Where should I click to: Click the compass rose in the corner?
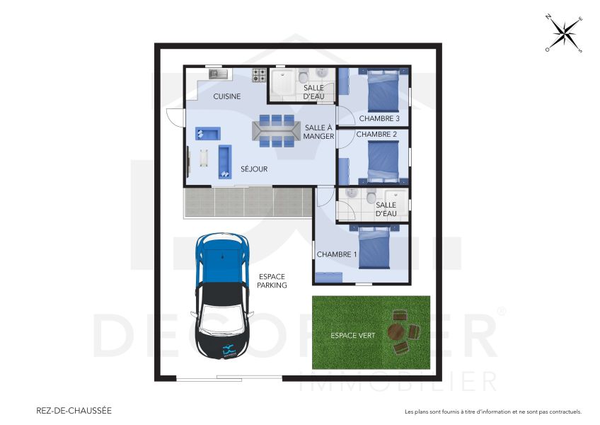(564, 33)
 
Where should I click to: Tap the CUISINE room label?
(228, 96)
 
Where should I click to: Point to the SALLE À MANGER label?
(318, 132)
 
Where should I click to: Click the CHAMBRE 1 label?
(337, 254)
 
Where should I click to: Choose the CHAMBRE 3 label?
(379, 118)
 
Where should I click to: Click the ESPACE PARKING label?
(272, 280)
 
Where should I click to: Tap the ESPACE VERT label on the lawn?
(352, 335)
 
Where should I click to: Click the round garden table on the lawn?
(396, 331)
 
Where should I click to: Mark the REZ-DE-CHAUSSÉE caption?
(74, 410)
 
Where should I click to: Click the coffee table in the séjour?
(204, 158)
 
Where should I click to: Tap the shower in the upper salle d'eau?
(283, 84)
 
